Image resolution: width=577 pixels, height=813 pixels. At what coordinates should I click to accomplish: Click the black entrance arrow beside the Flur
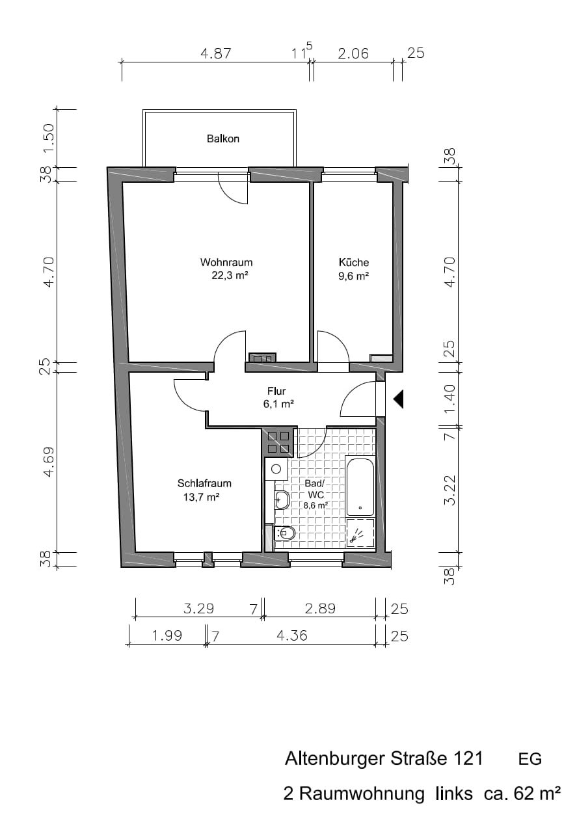pyautogui.click(x=399, y=399)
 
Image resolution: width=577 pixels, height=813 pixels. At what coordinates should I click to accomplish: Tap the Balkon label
pyautogui.click(x=223, y=139)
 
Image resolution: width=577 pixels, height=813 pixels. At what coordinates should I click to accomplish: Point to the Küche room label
pyautogui.click(x=354, y=262)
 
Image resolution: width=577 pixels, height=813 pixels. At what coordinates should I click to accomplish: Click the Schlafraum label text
pyautogui.click(x=204, y=483)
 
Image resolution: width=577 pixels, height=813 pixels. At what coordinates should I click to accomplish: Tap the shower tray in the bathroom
pyautogui.click(x=360, y=533)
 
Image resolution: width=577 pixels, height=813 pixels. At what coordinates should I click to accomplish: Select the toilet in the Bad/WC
pyautogui.click(x=285, y=533)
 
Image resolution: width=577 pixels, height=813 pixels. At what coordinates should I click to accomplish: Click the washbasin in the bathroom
pyautogui.click(x=282, y=500)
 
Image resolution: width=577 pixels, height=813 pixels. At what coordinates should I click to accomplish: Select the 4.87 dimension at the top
pyautogui.click(x=216, y=54)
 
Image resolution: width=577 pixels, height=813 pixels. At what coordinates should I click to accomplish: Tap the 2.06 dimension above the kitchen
pyautogui.click(x=353, y=54)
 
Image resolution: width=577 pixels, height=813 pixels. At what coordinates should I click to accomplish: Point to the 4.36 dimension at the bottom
pyautogui.click(x=292, y=635)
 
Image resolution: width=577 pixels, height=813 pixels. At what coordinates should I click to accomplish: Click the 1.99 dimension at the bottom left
pyautogui.click(x=167, y=635)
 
